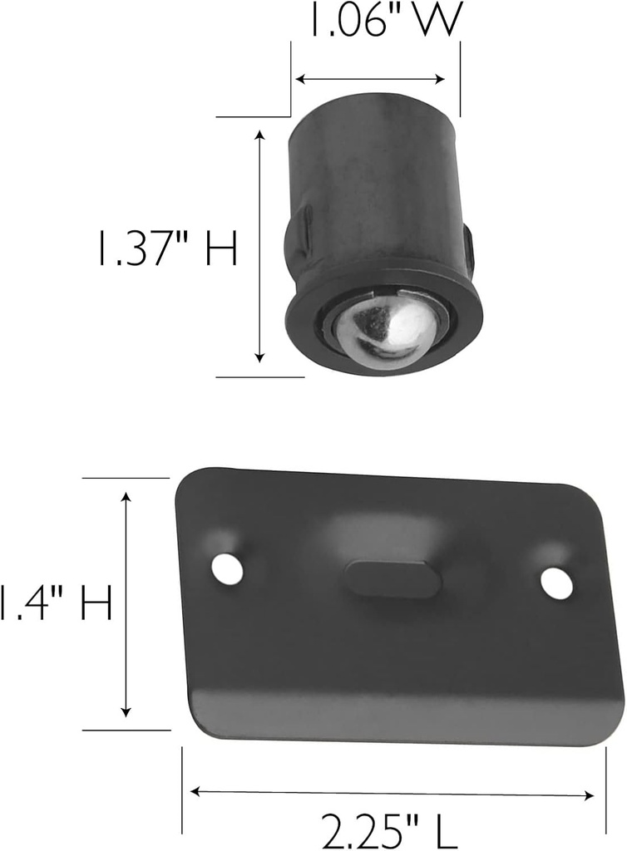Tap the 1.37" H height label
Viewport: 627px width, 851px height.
click(167, 248)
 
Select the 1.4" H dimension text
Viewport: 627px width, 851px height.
click(57, 602)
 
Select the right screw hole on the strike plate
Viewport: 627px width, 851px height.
click(557, 583)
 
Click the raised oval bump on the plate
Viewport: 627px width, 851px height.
click(393, 578)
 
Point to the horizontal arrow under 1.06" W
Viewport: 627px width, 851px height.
click(371, 80)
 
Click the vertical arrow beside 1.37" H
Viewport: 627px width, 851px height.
click(260, 246)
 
